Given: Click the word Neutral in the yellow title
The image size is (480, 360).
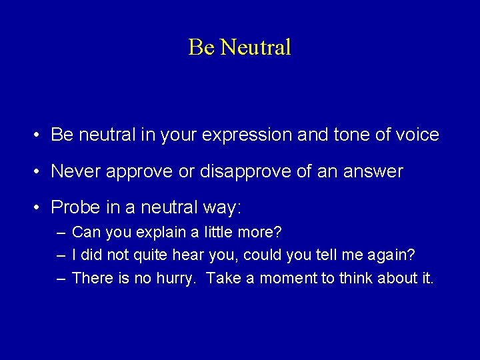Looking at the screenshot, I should click(255, 47).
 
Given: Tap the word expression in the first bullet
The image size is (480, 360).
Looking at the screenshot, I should click(246, 135).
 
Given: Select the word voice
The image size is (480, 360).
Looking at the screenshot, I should click(416, 135).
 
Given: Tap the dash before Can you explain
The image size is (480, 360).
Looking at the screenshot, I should click(61, 233).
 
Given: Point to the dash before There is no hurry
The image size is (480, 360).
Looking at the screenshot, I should click(61, 278).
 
